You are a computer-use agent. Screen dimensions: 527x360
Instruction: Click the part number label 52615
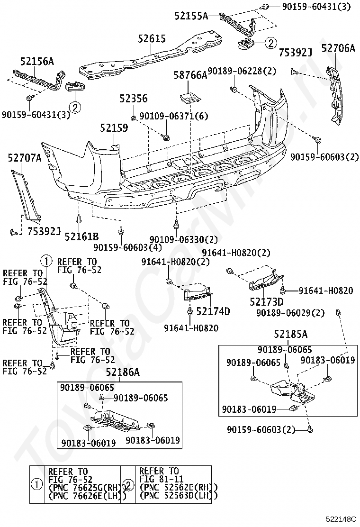(x=152, y=39)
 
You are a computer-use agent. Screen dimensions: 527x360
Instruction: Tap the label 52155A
(x=191, y=16)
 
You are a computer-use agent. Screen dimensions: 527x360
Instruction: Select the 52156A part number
(x=37, y=61)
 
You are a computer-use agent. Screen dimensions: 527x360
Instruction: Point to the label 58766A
(x=189, y=75)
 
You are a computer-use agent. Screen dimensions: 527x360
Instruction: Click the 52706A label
(x=338, y=48)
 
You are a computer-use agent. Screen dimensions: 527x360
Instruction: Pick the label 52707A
(x=24, y=159)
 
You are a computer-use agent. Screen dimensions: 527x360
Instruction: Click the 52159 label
(x=114, y=128)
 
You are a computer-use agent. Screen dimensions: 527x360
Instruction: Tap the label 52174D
(x=213, y=311)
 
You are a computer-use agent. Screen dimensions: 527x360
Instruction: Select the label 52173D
(x=267, y=302)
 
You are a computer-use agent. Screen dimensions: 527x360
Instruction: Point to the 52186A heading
(x=123, y=373)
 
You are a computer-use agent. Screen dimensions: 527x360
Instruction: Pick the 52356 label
(x=133, y=99)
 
